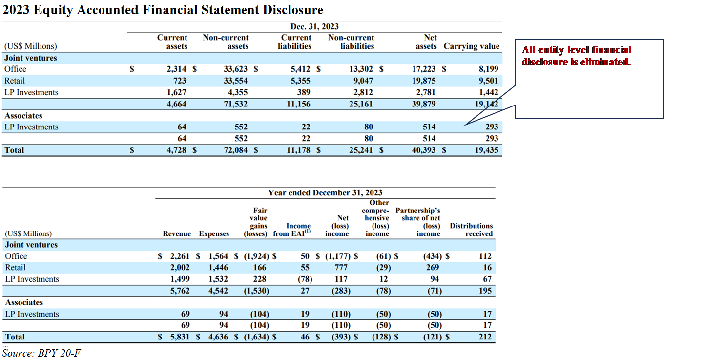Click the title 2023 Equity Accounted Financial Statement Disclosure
(x=163, y=10)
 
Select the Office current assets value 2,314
(x=177, y=69)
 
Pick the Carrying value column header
(x=471, y=46)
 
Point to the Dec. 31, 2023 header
(x=314, y=27)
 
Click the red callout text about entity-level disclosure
(x=577, y=56)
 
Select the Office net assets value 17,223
(x=423, y=69)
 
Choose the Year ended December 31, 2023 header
(x=325, y=193)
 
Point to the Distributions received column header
(x=471, y=230)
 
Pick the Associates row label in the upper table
(x=23, y=116)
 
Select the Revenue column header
(x=177, y=234)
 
